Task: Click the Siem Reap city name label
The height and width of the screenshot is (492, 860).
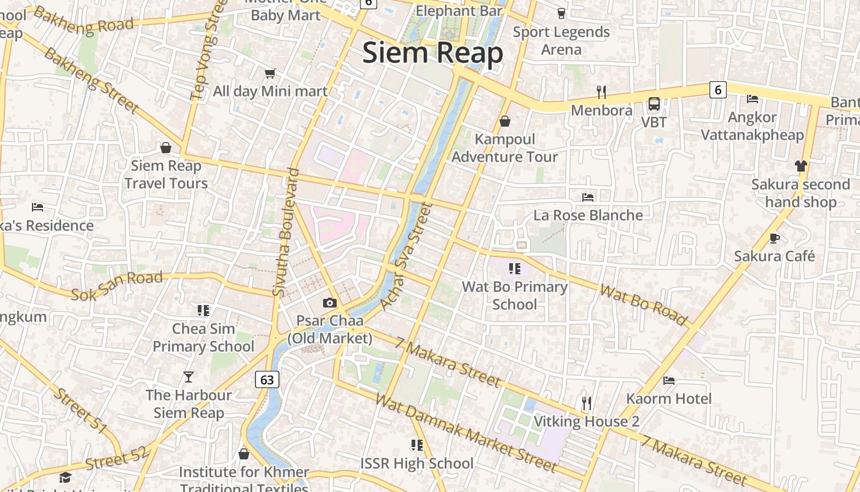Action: (x=432, y=53)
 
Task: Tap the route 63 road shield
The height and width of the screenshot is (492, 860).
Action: (x=267, y=379)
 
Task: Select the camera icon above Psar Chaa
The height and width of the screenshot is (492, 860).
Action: (x=330, y=303)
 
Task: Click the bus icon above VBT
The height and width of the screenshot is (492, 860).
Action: (x=654, y=104)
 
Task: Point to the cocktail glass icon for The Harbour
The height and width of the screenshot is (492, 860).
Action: (x=189, y=376)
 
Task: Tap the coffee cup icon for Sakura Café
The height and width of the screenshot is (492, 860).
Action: (x=775, y=238)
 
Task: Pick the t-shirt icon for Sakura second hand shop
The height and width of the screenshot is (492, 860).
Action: (x=800, y=165)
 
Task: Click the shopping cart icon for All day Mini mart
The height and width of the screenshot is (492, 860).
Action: (x=270, y=74)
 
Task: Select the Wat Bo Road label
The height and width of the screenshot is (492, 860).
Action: (x=643, y=304)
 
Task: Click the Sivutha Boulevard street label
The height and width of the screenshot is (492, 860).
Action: (x=287, y=232)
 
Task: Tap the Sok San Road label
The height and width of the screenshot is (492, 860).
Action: (x=117, y=286)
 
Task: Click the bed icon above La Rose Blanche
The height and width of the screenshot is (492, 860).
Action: (x=588, y=197)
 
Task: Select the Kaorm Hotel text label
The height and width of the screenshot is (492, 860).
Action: (x=668, y=399)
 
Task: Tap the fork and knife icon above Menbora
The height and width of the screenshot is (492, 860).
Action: (x=601, y=92)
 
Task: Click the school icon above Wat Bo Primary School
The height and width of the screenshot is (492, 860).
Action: (x=515, y=269)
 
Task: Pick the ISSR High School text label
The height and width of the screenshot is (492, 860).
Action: (x=416, y=463)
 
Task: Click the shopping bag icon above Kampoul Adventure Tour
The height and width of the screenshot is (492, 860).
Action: (x=505, y=121)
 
